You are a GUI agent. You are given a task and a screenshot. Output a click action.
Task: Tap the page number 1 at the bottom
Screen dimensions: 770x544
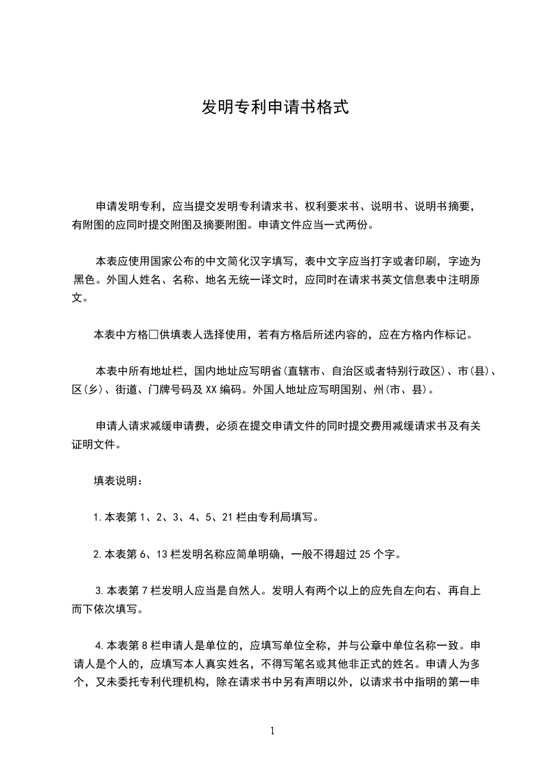tap(272, 731)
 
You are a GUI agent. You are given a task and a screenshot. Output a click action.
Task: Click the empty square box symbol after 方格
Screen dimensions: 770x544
tap(154, 336)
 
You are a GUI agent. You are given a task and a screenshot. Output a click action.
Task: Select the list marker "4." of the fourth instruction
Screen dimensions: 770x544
tap(99, 646)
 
